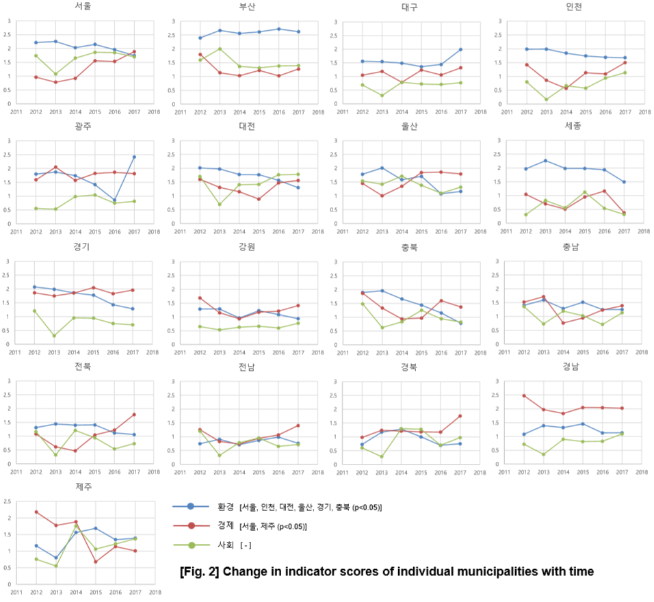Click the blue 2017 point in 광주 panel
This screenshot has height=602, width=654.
pos(134,157)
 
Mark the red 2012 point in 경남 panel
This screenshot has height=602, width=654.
pos(523,395)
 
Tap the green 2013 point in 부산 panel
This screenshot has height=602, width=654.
pos(220,49)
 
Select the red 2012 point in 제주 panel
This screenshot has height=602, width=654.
pos(36,512)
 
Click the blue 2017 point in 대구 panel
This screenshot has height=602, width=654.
pos(460,49)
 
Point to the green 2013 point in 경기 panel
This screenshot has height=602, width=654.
pos(53,335)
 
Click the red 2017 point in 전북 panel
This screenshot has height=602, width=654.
pos(134,415)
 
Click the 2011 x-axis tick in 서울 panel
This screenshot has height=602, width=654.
pos(15,112)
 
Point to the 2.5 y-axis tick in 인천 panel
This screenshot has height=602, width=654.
pos(497,35)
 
